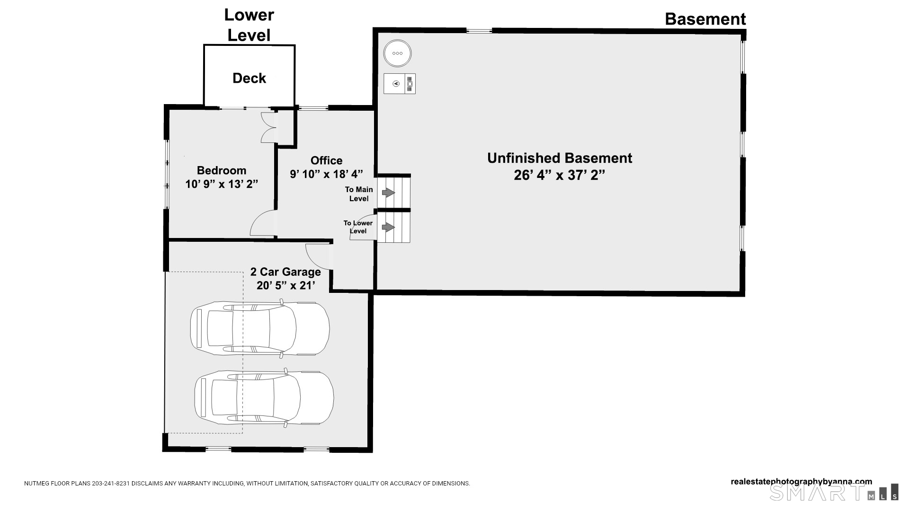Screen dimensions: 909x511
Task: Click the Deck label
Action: click(249, 78)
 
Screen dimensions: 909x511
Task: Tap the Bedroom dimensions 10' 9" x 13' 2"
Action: click(222, 184)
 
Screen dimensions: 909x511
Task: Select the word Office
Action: click(326, 160)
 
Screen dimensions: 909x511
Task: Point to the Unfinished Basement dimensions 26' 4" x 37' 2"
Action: click(560, 175)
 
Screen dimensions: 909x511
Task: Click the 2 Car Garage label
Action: click(285, 272)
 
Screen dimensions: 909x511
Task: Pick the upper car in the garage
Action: click(260, 328)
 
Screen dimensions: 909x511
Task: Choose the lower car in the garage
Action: click(264, 397)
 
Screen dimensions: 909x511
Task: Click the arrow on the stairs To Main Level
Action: click(389, 193)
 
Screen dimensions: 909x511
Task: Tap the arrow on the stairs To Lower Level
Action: click(389, 228)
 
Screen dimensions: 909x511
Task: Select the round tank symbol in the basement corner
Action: click(397, 53)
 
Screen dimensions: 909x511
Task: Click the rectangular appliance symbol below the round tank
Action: click(400, 84)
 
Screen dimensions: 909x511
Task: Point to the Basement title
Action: click(705, 19)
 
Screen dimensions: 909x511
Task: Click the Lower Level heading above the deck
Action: click(249, 25)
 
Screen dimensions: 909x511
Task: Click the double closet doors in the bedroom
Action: click(269, 127)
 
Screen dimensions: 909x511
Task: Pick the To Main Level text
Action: click(359, 194)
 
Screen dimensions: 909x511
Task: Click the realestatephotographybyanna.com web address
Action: click(802, 482)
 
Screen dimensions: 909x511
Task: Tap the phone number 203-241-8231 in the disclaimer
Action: click(111, 484)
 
